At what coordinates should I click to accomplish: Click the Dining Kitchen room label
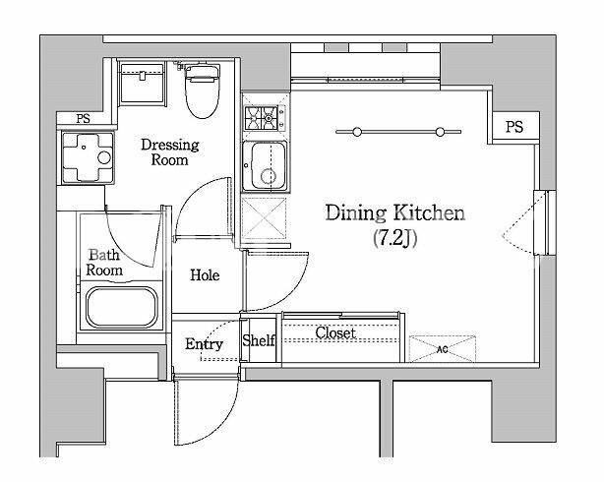pos(395,213)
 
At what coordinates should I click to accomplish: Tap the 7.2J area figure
pos(395,238)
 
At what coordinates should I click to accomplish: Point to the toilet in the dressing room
pos(203,90)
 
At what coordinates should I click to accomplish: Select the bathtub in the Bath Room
pos(122,307)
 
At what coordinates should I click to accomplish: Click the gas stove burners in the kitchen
pos(265,117)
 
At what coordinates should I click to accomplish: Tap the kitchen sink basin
pos(265,166)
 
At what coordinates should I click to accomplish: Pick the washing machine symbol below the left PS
pos(88,157)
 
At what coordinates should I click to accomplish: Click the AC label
pos(443,349)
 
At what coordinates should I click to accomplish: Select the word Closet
pos(335,332)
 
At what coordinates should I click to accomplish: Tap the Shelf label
pos(259,340)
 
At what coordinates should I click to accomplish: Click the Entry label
pos(204,344)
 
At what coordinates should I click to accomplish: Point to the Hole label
pos(205,275)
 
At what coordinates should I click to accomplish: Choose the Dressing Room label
pos(170,152)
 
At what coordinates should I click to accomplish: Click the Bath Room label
pos(104,263)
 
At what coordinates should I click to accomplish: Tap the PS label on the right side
pos(514,127)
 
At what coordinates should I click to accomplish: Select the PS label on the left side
pos(83,119)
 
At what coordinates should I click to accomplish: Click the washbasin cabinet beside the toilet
pos(142,84)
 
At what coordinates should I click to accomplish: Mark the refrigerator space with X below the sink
pos(265,218)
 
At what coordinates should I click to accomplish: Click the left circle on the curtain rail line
pos(357,132)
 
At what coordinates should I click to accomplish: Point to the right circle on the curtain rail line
pos(440,132)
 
